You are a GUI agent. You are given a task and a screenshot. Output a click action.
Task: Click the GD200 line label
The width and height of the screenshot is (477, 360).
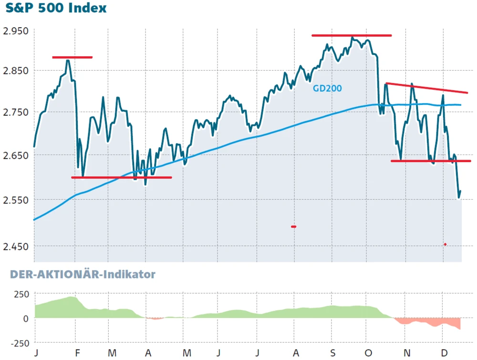pyautogui.click(x=327, y=88)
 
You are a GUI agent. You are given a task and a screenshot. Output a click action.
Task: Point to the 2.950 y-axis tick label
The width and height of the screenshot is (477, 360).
pyautogui.click(x=16, y=31)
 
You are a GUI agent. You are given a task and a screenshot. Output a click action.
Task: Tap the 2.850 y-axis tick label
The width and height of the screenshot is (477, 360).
pyautogui.click(x=16, y=71)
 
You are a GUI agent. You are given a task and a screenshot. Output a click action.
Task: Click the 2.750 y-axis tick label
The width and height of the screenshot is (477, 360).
pyautogui.click(x=16, y=112)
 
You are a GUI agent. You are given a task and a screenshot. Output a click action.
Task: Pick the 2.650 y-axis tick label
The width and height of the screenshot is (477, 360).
pyautogui.click(x=16, y=155)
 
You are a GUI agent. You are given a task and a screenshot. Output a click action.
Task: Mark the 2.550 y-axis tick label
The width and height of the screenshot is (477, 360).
pyautogui.click(x=16, y=200)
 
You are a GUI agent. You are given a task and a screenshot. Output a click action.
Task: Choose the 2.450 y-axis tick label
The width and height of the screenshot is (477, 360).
pyautogui.click(x=16, y=246)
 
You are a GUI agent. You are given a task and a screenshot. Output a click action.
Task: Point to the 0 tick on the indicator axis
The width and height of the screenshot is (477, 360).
pyautogui.click(x=26, y=318)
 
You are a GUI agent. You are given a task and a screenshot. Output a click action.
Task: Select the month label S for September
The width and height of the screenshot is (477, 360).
pyautogui.click(x=333, y=353)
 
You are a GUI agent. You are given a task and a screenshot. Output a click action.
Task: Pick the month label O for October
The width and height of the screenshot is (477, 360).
pyautogui.click(x=369, y=353)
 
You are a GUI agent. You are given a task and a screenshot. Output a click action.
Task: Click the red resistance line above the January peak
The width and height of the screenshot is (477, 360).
pyautogui.click(x=72, y=57)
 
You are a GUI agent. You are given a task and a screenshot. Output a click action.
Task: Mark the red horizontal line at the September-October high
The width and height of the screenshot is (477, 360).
pyautogui.click(x=352, y=35)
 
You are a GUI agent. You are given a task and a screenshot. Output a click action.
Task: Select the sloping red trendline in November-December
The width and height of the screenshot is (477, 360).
pyautogui.click(x=426, y=88)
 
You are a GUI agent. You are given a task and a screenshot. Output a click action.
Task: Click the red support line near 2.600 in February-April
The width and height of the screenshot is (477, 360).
pyautogui.click(x=121, y=177)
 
